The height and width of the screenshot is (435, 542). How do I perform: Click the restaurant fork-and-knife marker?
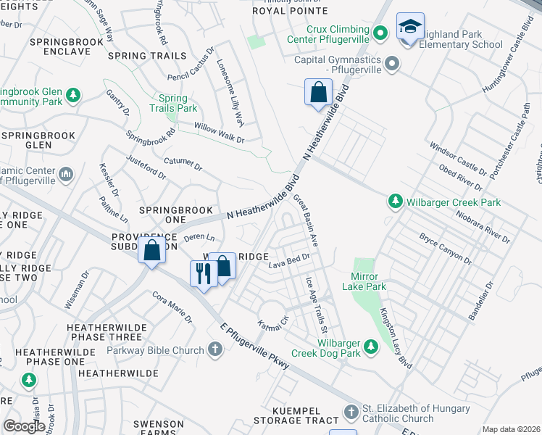click(x=202, y=273)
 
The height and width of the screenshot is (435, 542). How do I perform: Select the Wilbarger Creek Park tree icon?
click(x=395, y=201)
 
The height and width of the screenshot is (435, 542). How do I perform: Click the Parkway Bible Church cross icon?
click(x=214, y=350)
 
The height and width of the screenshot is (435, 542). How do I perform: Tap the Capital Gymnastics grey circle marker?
click(x=392, y=64)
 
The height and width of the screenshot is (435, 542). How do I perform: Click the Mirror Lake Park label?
click(x=368, y=281)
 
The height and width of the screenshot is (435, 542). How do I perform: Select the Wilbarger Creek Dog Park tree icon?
click(x=371, y=347)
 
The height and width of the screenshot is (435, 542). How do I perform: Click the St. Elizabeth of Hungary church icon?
click(x=351, y=413)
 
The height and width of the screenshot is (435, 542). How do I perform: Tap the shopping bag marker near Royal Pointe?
click(x=318, y=92)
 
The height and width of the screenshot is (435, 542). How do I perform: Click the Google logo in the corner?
click(x=23, y=426)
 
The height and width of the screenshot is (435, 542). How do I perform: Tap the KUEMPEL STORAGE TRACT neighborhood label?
click(x=296, y=420)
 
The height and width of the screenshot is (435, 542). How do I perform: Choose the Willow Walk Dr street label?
click(x=220, y=132)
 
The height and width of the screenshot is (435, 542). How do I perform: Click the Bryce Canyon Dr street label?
click(x=446, y=249)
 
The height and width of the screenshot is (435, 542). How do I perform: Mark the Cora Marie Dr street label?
click(x=172, y=307)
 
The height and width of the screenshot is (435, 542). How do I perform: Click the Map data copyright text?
click(x=510, y=429)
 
